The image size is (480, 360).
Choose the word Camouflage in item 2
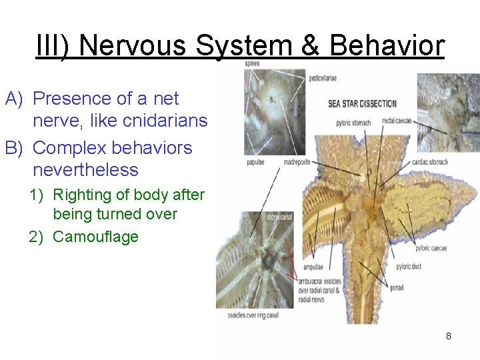point(95,237)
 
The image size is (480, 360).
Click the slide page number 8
point(449,336)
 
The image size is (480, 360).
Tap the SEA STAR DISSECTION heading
point(362,103)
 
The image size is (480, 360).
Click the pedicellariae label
point(323,78)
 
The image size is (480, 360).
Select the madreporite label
point(301,162)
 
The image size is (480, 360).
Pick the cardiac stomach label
point(429,162)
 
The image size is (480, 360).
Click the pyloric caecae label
point(431,248)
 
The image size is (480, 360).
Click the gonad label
point(397,288)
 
